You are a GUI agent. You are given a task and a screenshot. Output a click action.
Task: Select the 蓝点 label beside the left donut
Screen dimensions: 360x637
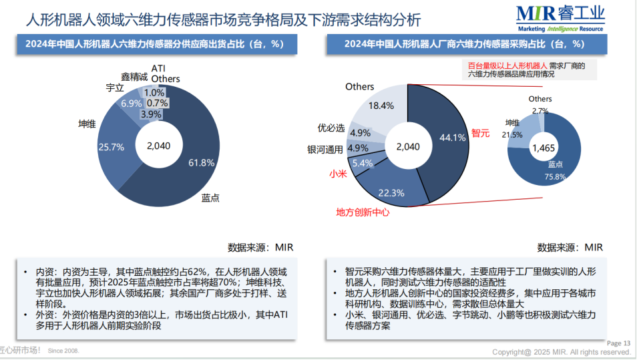[211, 198]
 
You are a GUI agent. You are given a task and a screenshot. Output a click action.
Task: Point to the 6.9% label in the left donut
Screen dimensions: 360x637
[131, 104]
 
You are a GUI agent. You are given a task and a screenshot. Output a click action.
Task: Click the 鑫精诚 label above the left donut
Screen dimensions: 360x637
[134, 77]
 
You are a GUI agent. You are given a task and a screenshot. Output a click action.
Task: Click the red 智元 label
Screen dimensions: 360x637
[480, 133]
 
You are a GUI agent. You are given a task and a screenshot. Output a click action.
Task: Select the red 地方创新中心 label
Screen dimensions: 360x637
[363, 213]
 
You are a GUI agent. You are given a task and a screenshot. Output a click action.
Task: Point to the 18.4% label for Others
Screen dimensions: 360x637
[381, 105]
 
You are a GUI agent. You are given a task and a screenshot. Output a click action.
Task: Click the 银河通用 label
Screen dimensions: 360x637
[325, 148]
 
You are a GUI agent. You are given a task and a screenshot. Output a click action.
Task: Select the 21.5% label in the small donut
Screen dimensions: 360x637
[513, 134]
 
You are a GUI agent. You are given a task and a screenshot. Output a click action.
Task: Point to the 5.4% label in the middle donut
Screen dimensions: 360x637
[362, 163]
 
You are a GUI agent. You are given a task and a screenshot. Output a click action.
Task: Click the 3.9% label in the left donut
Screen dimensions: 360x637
[151, 114]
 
